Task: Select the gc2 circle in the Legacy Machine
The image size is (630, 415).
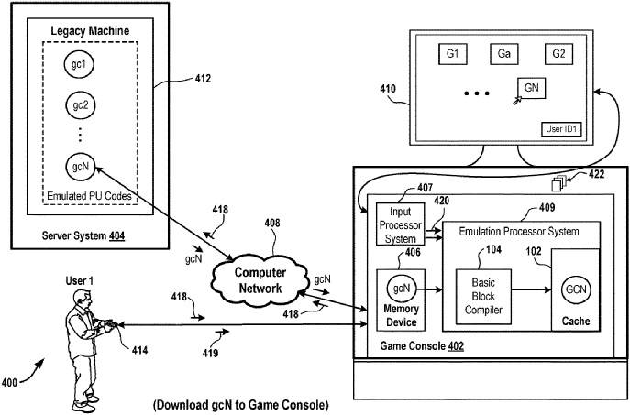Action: tap(80, 104)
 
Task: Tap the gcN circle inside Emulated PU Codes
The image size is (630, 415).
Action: tap(80, 167)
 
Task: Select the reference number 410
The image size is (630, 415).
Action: tap(389, 89)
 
